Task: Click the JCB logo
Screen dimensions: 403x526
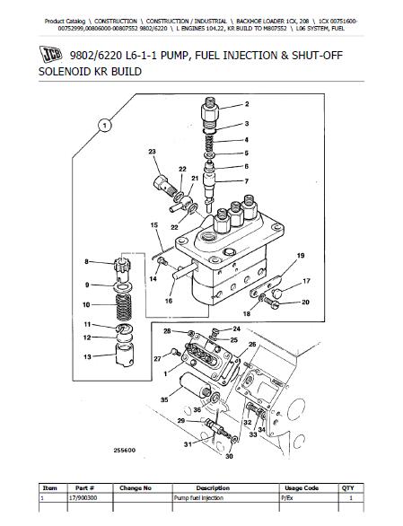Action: [50, 55]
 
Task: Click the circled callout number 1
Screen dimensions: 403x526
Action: [105, 126]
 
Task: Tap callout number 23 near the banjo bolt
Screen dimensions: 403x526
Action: [152, 152]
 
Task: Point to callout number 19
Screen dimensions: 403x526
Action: [301, 256]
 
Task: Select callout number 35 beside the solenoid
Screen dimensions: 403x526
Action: [164, 399]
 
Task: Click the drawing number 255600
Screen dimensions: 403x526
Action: [124, 451]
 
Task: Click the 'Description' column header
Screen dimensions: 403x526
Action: [213, 488]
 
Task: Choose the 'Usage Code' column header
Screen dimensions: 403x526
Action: [302, 488]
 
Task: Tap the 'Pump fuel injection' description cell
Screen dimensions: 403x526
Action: [198, 498]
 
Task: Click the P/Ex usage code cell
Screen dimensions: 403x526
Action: [287, 498]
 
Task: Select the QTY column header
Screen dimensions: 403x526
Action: [348, 488]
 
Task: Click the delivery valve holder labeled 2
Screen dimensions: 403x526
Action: [209, 111]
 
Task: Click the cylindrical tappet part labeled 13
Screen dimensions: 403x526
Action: [125, 355]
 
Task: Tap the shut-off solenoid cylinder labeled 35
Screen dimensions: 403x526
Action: [195, 386]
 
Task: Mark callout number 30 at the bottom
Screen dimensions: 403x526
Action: [229, 456]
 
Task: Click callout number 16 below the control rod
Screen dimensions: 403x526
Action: [169, 301]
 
